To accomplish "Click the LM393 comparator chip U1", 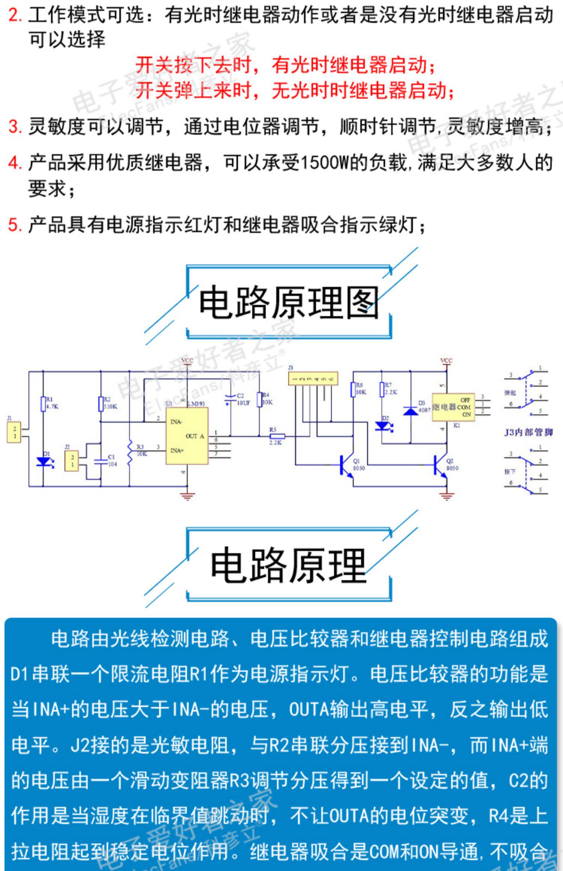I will pos(187,436).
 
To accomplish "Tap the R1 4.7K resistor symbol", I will pos(43,404).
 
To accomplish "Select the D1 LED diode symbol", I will pos(43,462).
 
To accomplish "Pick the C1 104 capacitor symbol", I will pos(101,461).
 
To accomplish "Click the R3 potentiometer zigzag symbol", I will pos(129,453).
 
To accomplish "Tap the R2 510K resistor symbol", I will pos(101,404).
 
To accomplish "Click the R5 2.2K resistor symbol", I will pos(277,436).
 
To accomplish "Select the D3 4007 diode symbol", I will pos(410,411).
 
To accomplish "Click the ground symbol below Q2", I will pos(446,496).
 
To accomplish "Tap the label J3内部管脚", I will pos(528,432).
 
